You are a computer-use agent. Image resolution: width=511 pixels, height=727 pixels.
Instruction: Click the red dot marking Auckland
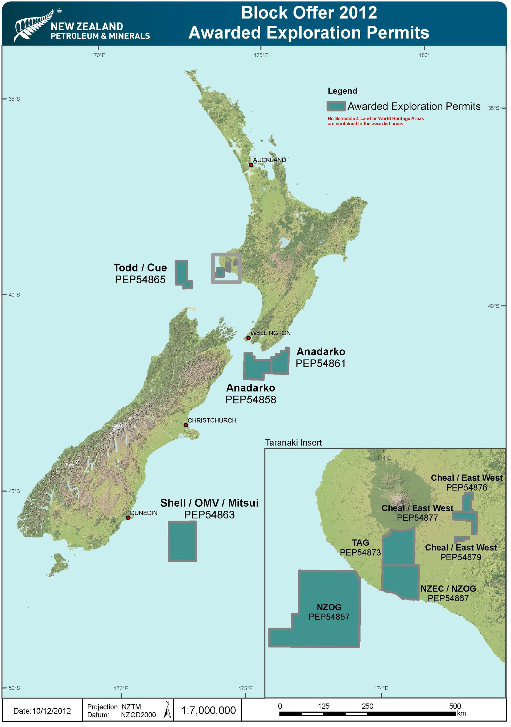click(x=251, y=165)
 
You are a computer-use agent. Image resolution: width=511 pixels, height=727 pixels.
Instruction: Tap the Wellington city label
click(x=270, y=333)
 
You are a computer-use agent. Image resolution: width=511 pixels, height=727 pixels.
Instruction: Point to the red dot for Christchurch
click(x=186, y=425)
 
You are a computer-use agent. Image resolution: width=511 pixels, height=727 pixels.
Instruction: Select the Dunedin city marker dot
click(x=128, y=518)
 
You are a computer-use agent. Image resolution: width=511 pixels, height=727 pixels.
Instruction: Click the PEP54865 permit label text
click(x=140, y=280)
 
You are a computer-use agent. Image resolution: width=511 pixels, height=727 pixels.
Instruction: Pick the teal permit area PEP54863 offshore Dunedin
click(x=182, y=541)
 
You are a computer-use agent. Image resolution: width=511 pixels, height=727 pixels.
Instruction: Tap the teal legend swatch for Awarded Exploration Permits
click(x=336, y=106)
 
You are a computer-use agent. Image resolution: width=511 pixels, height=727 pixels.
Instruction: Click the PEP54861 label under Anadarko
click(x=320, y=363)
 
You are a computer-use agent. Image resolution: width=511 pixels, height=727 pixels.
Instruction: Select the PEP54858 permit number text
click(x=251, y=400)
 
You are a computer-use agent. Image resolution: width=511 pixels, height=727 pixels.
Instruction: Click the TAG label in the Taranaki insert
click(x=361, y=543)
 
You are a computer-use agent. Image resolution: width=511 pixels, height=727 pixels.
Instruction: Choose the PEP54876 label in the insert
click(x=467, y=488)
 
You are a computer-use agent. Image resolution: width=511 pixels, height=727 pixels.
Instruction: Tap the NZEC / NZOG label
click(x=448, y=589)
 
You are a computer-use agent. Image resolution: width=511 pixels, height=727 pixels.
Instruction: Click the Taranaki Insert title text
click(x=294, y=443)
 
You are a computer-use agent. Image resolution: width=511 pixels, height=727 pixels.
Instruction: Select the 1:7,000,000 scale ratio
click(x=209, y=710)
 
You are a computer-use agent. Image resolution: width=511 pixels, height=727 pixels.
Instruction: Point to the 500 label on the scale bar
click(x=455, y=706)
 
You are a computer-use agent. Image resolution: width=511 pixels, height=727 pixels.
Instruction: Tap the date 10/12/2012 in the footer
click(x=42, y=711)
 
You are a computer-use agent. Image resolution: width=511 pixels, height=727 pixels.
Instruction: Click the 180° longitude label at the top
click(x=424, y=55)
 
